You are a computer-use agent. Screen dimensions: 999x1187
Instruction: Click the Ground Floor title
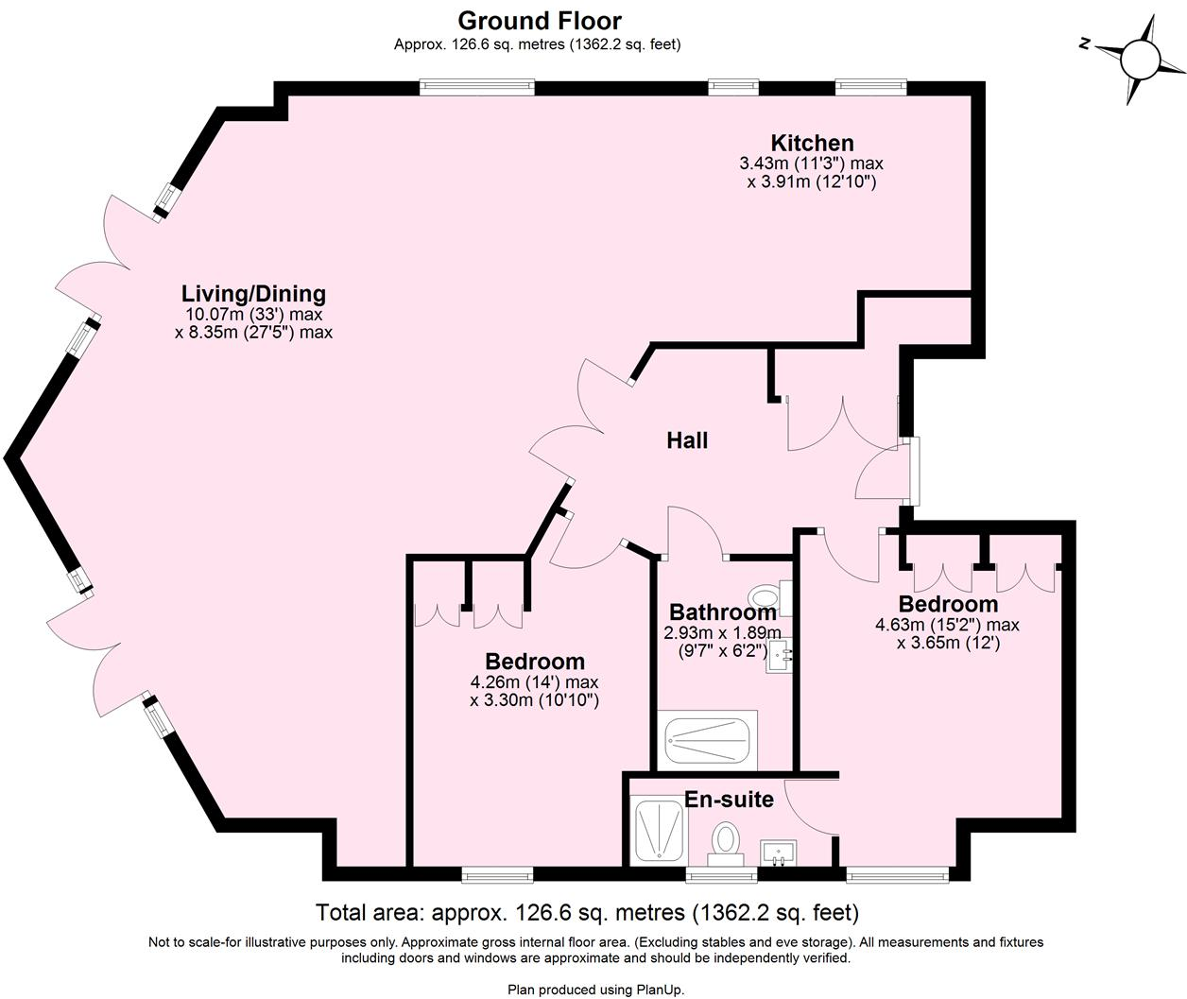539,20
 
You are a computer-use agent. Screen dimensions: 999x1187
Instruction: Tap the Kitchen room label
812,143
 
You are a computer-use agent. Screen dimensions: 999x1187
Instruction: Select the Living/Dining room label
253,293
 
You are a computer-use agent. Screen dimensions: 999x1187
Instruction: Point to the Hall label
687,440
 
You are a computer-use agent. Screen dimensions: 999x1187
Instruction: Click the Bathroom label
722,612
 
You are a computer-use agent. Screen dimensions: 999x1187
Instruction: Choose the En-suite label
729,800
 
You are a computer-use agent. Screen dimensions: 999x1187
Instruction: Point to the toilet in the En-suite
726,841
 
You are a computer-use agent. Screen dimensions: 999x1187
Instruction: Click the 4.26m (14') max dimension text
534,682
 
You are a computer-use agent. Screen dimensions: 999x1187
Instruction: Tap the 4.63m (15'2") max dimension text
947,625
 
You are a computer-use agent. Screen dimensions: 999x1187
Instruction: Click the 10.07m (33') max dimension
253,315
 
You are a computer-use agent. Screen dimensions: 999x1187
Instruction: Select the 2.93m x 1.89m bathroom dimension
723,633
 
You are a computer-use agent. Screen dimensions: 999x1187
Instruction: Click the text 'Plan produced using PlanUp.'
595,990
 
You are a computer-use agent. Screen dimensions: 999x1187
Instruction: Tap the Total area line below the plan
587,913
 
